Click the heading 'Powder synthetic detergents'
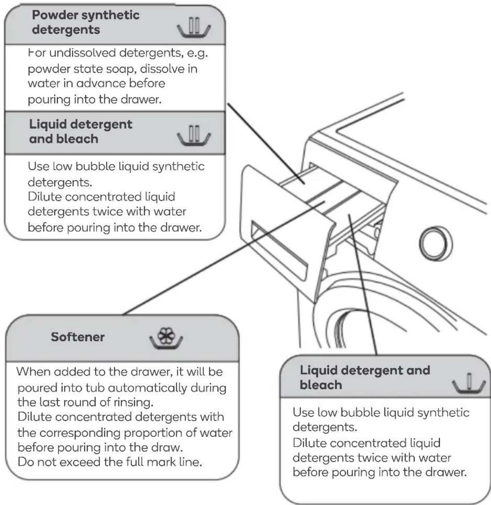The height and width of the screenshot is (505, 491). coord(86,22)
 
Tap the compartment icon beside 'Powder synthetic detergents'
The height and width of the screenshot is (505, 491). coord(194,27)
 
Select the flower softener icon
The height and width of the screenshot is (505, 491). coord(166,338)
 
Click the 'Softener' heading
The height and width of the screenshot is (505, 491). coord(78,337)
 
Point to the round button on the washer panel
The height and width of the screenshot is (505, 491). coord(436,243)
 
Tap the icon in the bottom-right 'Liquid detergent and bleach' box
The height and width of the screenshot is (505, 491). coord(469,383)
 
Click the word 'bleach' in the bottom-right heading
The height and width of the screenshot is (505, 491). coord(321,385)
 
